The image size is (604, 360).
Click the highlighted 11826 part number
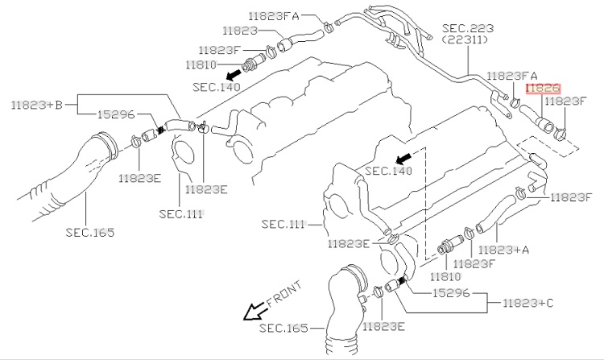click(x=543, y=88)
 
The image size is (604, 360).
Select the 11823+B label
click(x=36, y=105)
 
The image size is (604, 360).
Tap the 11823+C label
click(x=527, y=303)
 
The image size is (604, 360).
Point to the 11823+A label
click(x=503, y=250)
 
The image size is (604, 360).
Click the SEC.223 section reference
click(x=468, y=28)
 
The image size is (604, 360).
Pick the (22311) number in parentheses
click(x=465, y=39)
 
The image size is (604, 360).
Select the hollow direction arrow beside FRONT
click(x=254, y=311)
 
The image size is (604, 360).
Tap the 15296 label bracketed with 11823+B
click(x=115, y=114)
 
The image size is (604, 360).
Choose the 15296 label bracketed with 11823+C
click(x=451, y=293)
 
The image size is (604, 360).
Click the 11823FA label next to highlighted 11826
click(x=512, y=76)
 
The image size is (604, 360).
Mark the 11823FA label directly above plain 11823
click(x=274, y=16)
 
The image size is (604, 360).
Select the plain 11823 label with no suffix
click(x=240, y=31)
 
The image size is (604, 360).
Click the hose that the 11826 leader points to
click(x=536, y=118)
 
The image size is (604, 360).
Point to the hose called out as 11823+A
click(x=495, y=214)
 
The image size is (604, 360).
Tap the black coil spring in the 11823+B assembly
click(x=162, y=130)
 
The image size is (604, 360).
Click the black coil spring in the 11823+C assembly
click(x=403, y=281)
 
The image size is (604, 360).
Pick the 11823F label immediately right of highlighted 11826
click(x=566, y=101)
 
